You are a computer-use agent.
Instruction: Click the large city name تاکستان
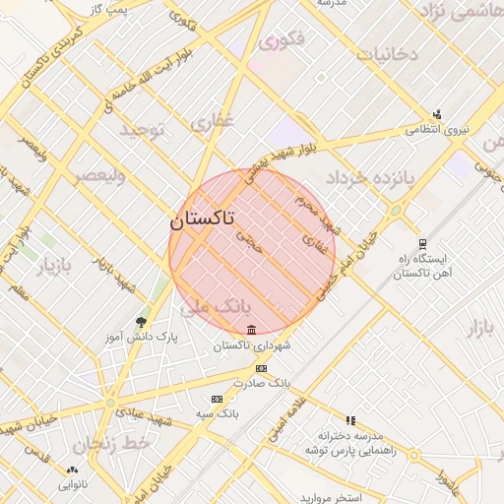(x=202, y=220)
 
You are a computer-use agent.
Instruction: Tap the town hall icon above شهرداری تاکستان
(x=252, y=329)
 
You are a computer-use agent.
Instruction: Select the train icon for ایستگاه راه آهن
(x=422, y=244)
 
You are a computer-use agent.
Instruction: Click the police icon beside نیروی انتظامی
(x=437, y=113)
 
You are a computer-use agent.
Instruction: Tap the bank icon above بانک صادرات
(x=260, y=367)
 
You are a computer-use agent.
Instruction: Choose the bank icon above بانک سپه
(x=217, y=399)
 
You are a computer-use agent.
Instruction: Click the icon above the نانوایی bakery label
(x=72, y=470)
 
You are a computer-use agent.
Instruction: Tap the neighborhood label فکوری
(x=282, y=41)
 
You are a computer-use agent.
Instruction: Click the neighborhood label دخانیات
(x=387, y=53)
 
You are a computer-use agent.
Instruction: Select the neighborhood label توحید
(x=147, y=129)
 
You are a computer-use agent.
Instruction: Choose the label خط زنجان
(x=116, y=444)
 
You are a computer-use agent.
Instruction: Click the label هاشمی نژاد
(x=461, y=11)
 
